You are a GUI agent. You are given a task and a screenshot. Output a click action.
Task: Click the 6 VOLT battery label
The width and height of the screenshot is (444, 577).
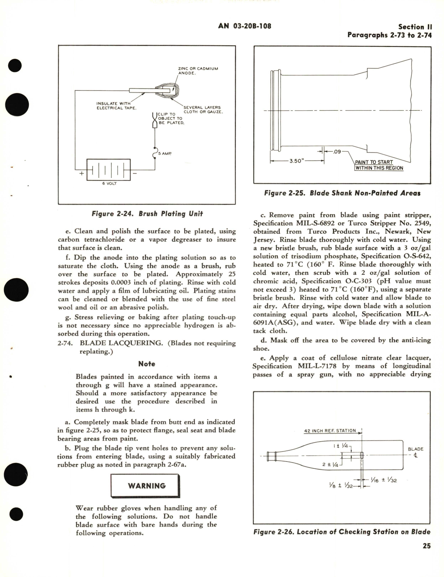tap(109, 184)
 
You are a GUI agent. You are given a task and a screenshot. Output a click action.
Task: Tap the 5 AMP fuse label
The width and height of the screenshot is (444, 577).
tap(165, 154)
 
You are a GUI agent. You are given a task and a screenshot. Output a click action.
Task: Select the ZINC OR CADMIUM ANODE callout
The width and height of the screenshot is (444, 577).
tap(198, 71)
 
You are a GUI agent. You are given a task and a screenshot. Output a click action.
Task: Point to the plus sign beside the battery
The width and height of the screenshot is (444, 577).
tap(82, 173)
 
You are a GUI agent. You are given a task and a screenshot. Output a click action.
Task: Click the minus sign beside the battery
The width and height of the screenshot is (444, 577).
tap(135, 173)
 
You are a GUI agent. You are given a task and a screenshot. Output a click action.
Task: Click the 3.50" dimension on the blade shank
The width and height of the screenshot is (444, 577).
tap(296, 161)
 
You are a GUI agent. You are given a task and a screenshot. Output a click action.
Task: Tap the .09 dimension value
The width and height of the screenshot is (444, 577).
tap(337, 151)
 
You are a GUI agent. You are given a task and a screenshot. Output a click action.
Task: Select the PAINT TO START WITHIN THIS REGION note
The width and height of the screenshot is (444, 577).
tap(379, 165)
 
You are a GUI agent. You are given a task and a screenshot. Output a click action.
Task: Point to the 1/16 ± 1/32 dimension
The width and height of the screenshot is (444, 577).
tap(383, 480)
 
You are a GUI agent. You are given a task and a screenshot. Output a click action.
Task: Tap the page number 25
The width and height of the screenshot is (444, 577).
tap(426, 546)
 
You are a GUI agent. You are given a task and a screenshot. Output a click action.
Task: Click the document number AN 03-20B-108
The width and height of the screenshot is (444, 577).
tap(244, 26)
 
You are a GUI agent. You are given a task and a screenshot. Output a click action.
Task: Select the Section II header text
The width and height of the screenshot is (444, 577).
tap(415, 27)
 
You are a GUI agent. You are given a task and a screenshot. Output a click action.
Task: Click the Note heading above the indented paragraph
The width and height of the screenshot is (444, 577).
tap(146, 364)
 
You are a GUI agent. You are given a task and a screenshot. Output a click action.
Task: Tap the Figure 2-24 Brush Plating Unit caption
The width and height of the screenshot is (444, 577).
tap(147, 214)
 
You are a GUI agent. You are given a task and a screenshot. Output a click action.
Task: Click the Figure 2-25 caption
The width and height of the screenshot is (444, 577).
tap(342, 193)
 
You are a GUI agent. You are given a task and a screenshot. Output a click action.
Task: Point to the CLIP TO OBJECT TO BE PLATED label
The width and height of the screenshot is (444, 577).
tap(171, 118)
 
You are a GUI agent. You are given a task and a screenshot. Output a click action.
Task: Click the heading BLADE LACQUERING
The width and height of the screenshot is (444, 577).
tap(121, 343)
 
